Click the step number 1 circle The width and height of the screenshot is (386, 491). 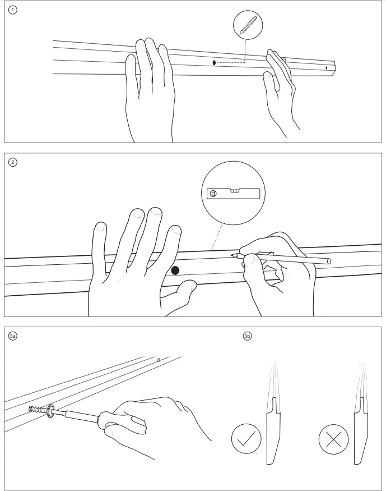click(x=12, y=10)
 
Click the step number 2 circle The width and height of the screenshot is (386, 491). click(x=12, y=162)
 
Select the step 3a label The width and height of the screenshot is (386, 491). click(x=12, y=336)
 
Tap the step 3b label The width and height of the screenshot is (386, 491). click(x=247, y=336)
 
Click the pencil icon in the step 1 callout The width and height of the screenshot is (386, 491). click(x=248, y=25)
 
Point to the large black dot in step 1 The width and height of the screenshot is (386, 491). click(x=214, y=63)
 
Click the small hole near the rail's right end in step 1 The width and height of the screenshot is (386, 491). click(x=326, y=67)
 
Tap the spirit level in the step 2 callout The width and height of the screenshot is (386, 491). click(x=233, y=194)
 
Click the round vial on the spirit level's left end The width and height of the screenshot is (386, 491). click(x=213, y=194)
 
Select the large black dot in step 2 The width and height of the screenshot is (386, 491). click(x=175, y=270)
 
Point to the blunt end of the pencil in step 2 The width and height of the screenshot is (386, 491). click(x=328, y=261)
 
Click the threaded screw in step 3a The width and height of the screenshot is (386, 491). click(x=37, y=410)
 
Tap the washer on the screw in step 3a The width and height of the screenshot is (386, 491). click(x=50, y=411)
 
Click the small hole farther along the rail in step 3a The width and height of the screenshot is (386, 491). click(x=158, y=360)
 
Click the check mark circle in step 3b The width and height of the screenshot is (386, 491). click(x=247, y=439)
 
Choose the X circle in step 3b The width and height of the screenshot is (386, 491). click(x=333, y=439)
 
